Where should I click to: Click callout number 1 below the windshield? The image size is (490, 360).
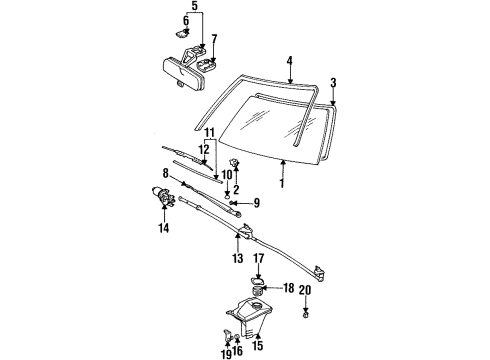tap(283, 183)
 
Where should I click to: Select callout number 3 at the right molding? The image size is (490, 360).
tap(332, 82)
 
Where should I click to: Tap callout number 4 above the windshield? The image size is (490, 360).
tap(289, 61)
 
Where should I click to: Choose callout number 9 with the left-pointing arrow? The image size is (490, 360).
tap(255, 204)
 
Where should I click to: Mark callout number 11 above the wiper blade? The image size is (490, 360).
tap(209, 132)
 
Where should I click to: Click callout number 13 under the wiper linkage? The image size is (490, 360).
tap(238, 258)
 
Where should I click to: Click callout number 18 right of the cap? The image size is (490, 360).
tap(290, 288)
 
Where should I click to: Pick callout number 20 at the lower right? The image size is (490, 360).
tap(333, 289)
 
